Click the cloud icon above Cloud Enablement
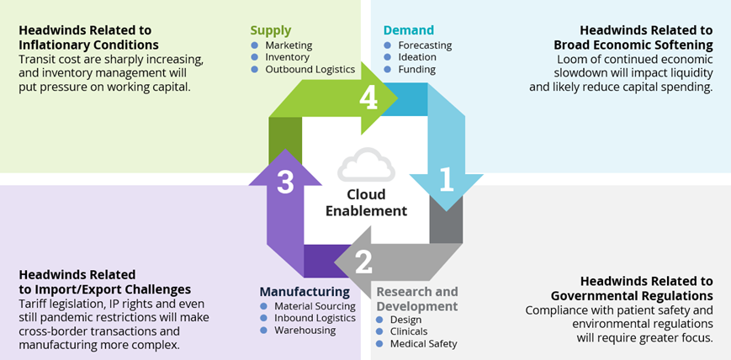pos(366,166)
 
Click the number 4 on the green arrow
pos(368,99)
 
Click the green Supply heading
pos(270,30)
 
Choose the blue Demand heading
pos(409,30)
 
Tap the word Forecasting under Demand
pos(425,45)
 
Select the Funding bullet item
pos(417,69)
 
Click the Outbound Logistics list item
pos(310,69)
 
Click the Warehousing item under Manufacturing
pos(305,330)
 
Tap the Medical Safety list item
pos(424,343)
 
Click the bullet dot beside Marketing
pos(256,45)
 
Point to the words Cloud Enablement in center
pos(366,203)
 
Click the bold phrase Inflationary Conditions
pos(88,45)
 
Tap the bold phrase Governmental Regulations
pos(632,295)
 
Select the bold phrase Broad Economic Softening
pos(633,45)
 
